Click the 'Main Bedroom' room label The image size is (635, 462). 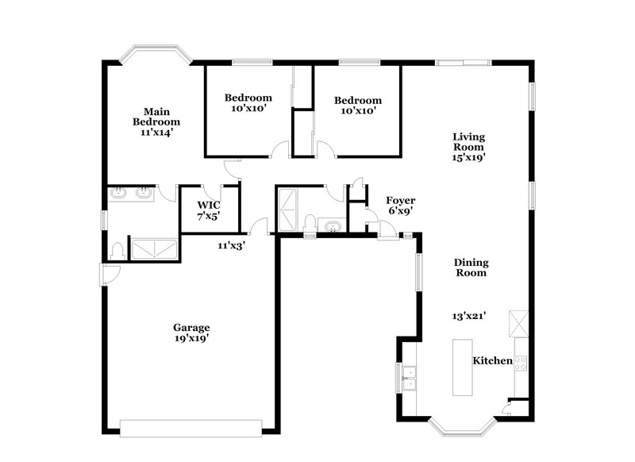point(156,117)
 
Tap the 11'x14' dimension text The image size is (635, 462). point(156,133)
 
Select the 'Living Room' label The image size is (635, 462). point(468,141)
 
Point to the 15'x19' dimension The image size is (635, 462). point(468,157)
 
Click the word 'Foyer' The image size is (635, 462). point(400,201)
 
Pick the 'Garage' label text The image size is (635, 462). point(192,327)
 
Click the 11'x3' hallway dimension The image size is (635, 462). point(232,246)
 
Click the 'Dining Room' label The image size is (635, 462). point(471,268)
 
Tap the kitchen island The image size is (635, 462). point(461,368)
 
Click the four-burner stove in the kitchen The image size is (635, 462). point(521,363)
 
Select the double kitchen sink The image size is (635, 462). point(409,379)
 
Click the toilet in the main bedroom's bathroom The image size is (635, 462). point(117,249)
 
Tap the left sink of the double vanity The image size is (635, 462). point(119,192)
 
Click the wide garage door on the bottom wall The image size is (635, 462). point(191,428)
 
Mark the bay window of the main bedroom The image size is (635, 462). point(155,56)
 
